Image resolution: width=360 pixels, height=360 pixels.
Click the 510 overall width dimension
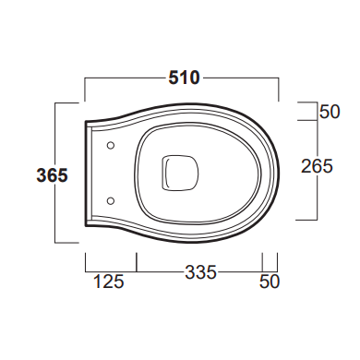click(184, 78)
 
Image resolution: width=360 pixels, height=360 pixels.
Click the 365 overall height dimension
click(52, 175)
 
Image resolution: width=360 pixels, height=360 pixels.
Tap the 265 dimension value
click(317, 166)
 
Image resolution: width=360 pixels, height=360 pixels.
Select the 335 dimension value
click(200, 272)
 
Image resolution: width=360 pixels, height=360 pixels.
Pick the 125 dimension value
click(108, 282)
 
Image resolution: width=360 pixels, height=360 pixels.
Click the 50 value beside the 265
click(330, 112)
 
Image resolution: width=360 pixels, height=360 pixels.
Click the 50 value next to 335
click(270, 282)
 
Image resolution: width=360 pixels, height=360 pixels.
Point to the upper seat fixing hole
click(111, 146)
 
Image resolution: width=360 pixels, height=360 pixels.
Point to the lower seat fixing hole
click(111, 201)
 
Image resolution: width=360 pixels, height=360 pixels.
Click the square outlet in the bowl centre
click(180, 173)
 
